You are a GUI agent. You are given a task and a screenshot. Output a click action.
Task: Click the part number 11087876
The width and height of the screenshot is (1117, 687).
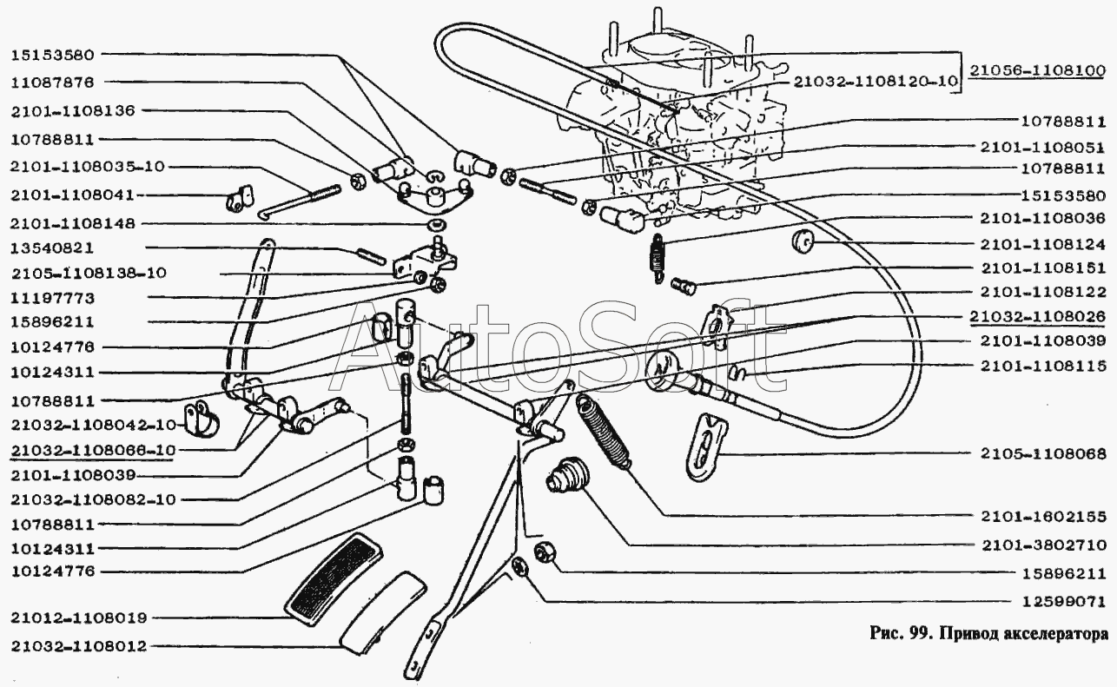(52, 83)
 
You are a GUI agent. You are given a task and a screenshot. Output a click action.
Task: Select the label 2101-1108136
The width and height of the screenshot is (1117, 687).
(73, 110)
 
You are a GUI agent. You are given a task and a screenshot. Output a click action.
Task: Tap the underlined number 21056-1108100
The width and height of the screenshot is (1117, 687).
(1038, 71)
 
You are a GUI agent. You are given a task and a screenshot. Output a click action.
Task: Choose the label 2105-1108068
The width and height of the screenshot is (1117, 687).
(1043, 453)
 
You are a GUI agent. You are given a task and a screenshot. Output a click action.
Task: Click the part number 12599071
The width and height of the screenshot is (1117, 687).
(1064, 602)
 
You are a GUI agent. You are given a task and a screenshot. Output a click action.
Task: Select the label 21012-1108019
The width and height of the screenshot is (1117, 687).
(79, 618)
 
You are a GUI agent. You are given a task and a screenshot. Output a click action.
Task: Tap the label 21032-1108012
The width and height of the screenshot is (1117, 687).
(79, 647)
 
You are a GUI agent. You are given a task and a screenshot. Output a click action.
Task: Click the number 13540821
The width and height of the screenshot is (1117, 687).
(52, 248)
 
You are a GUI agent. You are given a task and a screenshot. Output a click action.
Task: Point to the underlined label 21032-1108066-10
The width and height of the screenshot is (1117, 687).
(93, 451)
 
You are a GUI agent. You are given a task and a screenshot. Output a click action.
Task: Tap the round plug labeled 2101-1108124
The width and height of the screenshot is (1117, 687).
(803, 241)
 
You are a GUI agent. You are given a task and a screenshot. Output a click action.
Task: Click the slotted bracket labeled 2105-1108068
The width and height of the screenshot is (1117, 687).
(707, 447)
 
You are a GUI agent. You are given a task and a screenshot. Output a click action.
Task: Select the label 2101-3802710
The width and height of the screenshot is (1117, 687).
(1044, 545)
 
